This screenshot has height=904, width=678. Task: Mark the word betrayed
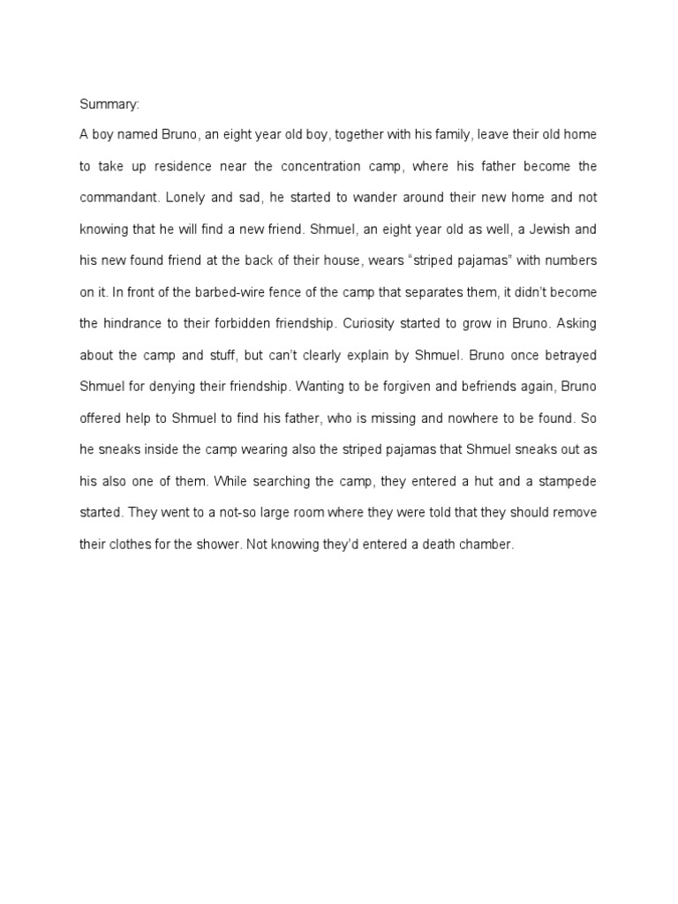568,355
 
